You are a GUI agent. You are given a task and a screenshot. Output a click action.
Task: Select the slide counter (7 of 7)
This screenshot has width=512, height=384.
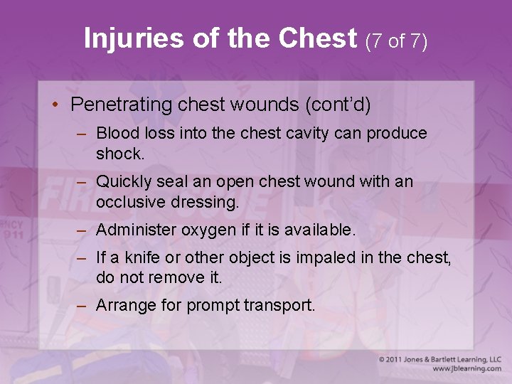click(396, 41)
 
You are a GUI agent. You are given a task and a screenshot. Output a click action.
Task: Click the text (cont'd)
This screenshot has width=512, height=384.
click(338, 105)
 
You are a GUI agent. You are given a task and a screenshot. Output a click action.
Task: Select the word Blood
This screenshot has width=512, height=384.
click(116, 133)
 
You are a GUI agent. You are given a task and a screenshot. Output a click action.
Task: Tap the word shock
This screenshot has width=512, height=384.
click(119, 153)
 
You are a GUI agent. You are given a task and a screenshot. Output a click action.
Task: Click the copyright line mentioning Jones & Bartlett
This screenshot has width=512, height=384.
click(439, 360)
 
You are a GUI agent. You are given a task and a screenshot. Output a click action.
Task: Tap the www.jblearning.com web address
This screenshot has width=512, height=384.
click(466, 369)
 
